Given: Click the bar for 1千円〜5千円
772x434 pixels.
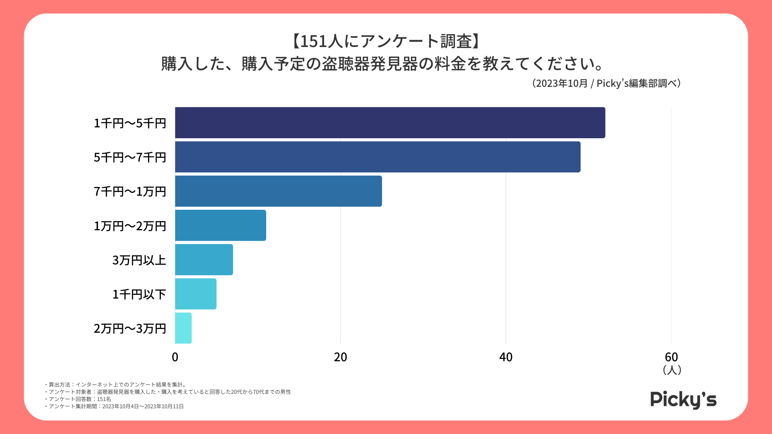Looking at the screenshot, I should pos(390,123).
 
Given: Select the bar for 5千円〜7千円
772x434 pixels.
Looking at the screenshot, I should pos(378,157).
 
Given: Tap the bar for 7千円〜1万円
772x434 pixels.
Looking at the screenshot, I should pos(278,191).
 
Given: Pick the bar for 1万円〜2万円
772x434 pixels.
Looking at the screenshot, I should pos(220,225).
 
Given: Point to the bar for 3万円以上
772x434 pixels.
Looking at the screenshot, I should pos(204,260).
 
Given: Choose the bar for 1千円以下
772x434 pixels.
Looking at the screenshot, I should pos(195,294).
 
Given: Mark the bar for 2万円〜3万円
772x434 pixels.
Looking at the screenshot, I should pos(183,328).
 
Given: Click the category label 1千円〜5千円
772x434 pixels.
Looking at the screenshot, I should pos(130,123).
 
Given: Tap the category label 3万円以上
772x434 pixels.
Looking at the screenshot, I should pos(139,260).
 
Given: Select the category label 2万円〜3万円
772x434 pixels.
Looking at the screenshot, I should pos(130,328).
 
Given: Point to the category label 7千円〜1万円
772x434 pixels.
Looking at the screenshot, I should pos(130,192).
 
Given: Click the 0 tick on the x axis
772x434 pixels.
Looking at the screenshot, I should pos(175,357).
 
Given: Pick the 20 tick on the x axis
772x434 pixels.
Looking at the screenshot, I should pos(340,357).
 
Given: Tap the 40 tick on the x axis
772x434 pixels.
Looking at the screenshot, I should pos(506,357).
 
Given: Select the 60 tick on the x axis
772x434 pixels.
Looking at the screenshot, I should pos(671,357).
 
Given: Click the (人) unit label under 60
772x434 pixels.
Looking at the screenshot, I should pos(671,370).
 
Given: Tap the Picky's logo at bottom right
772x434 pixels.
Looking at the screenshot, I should pos(683,400).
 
